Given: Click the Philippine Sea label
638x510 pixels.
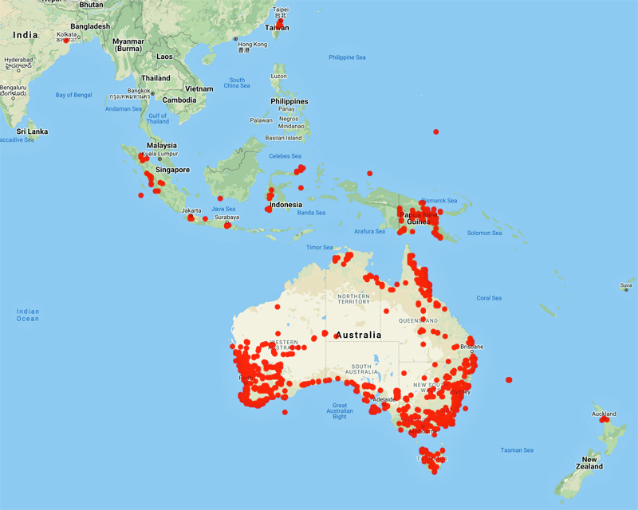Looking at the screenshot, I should click(347, 57).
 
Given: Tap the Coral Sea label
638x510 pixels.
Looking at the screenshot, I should click(488, 298).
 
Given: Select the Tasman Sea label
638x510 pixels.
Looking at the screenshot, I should click(517, 450).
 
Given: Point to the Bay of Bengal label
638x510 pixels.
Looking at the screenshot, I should click(73, 95).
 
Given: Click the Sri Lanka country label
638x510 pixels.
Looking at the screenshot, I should click(33, 131).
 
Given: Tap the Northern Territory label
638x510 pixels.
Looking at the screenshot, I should click(353, 300).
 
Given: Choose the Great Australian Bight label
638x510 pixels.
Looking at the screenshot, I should click(340, 410).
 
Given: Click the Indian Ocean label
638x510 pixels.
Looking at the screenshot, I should click(28, 315).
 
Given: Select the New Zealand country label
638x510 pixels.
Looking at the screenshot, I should click(591, 463).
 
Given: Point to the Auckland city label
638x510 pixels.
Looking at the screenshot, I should click(604, 414).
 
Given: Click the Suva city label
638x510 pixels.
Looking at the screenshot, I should click(626, 284).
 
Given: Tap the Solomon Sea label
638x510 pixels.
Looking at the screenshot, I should click(485, 233).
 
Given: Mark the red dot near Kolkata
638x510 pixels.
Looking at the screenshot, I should click(66, 40).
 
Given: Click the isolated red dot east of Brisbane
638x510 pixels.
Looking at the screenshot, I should click(509, 380).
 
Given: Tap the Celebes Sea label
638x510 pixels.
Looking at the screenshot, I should click(285, 156).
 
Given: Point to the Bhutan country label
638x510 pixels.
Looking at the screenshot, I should click(91, 4).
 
